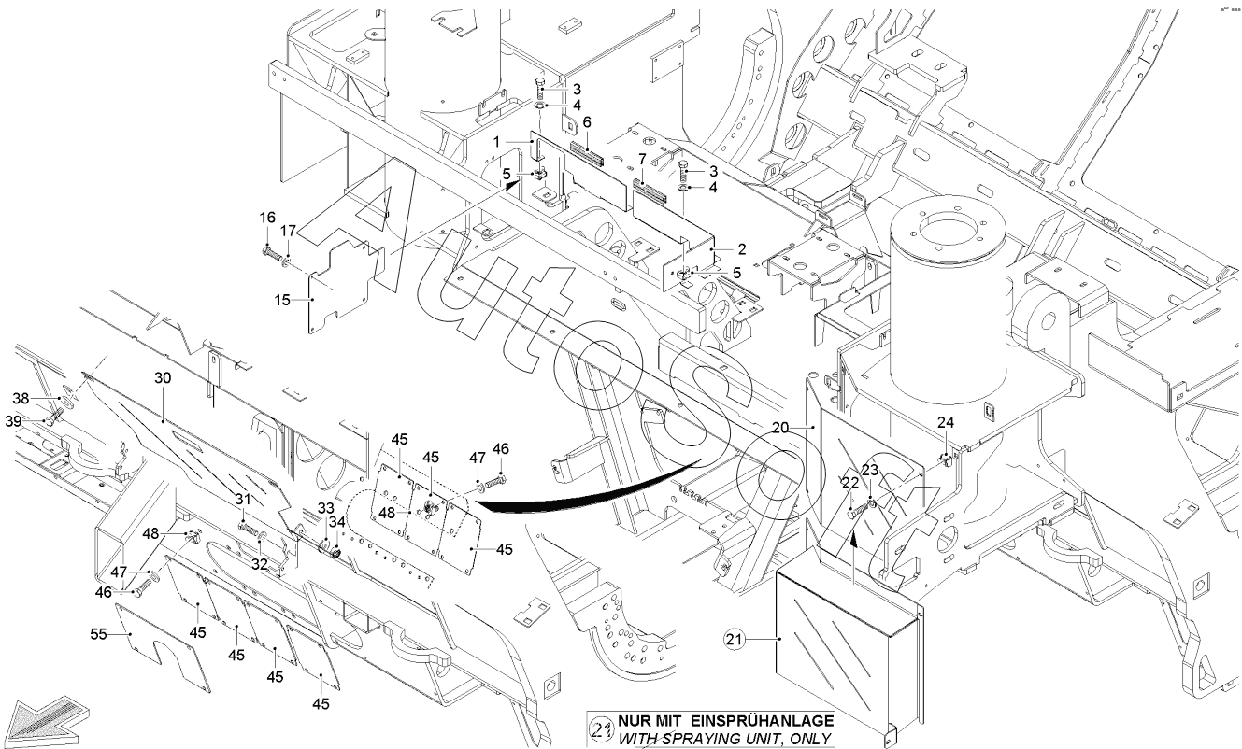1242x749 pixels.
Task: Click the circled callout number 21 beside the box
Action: click(x=734, y=640)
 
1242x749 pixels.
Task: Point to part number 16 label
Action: click(x=267, y=218)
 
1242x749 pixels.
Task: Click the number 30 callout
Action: click(x=163, y=378)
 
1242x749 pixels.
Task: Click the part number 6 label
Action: click(x=587, y=121)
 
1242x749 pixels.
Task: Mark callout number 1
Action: click(x=500, y=141)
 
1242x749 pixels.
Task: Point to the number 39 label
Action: click(x=39, y=422)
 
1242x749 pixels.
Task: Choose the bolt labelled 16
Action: click(x=271, y=251)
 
